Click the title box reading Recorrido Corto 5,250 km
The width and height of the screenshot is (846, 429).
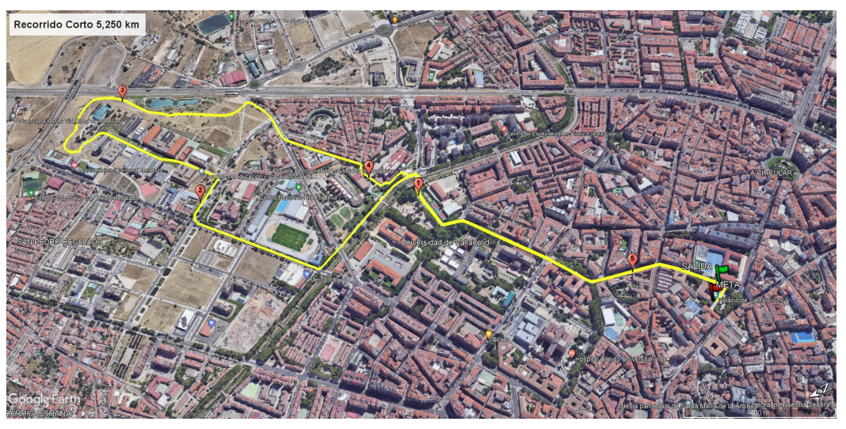tap(76, 25)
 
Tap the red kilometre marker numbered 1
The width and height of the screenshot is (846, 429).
tap(418, 185)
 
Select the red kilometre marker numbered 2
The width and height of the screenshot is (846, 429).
tap(200, 191)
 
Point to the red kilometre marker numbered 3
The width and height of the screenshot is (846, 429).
tap(122, 92)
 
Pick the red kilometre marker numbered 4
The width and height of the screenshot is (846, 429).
tap(368, 166)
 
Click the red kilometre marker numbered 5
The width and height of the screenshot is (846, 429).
tap(632, 260)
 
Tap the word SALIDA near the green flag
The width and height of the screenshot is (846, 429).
tap(698, 267)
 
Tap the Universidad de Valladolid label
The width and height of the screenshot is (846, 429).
tap(448, 242)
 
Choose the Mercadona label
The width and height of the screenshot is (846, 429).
tap(326, 279)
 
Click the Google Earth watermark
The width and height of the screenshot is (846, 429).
tap(40, 398)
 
